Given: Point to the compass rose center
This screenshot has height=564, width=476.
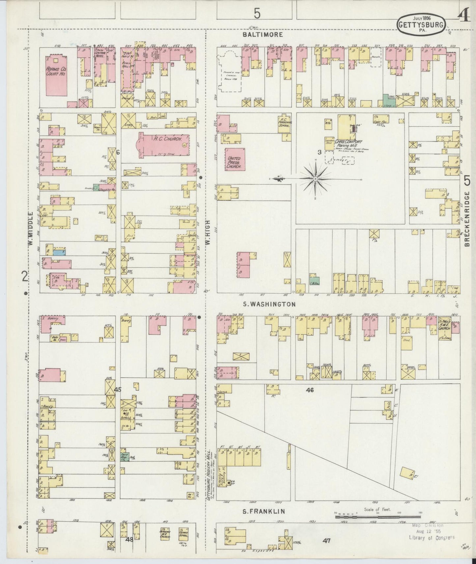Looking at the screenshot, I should point(315,179).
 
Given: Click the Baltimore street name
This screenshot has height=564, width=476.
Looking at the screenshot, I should point(263,35).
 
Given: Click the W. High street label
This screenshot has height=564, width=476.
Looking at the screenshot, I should point(209,228).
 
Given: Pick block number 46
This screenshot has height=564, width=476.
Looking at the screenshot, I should point(310,390).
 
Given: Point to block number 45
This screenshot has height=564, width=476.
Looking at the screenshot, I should point(118,390).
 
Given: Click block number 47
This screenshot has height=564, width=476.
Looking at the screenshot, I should point(326,540).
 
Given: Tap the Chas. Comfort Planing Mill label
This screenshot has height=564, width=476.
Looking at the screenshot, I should point(348,143).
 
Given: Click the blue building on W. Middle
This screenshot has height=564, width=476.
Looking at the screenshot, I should point(59,252).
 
